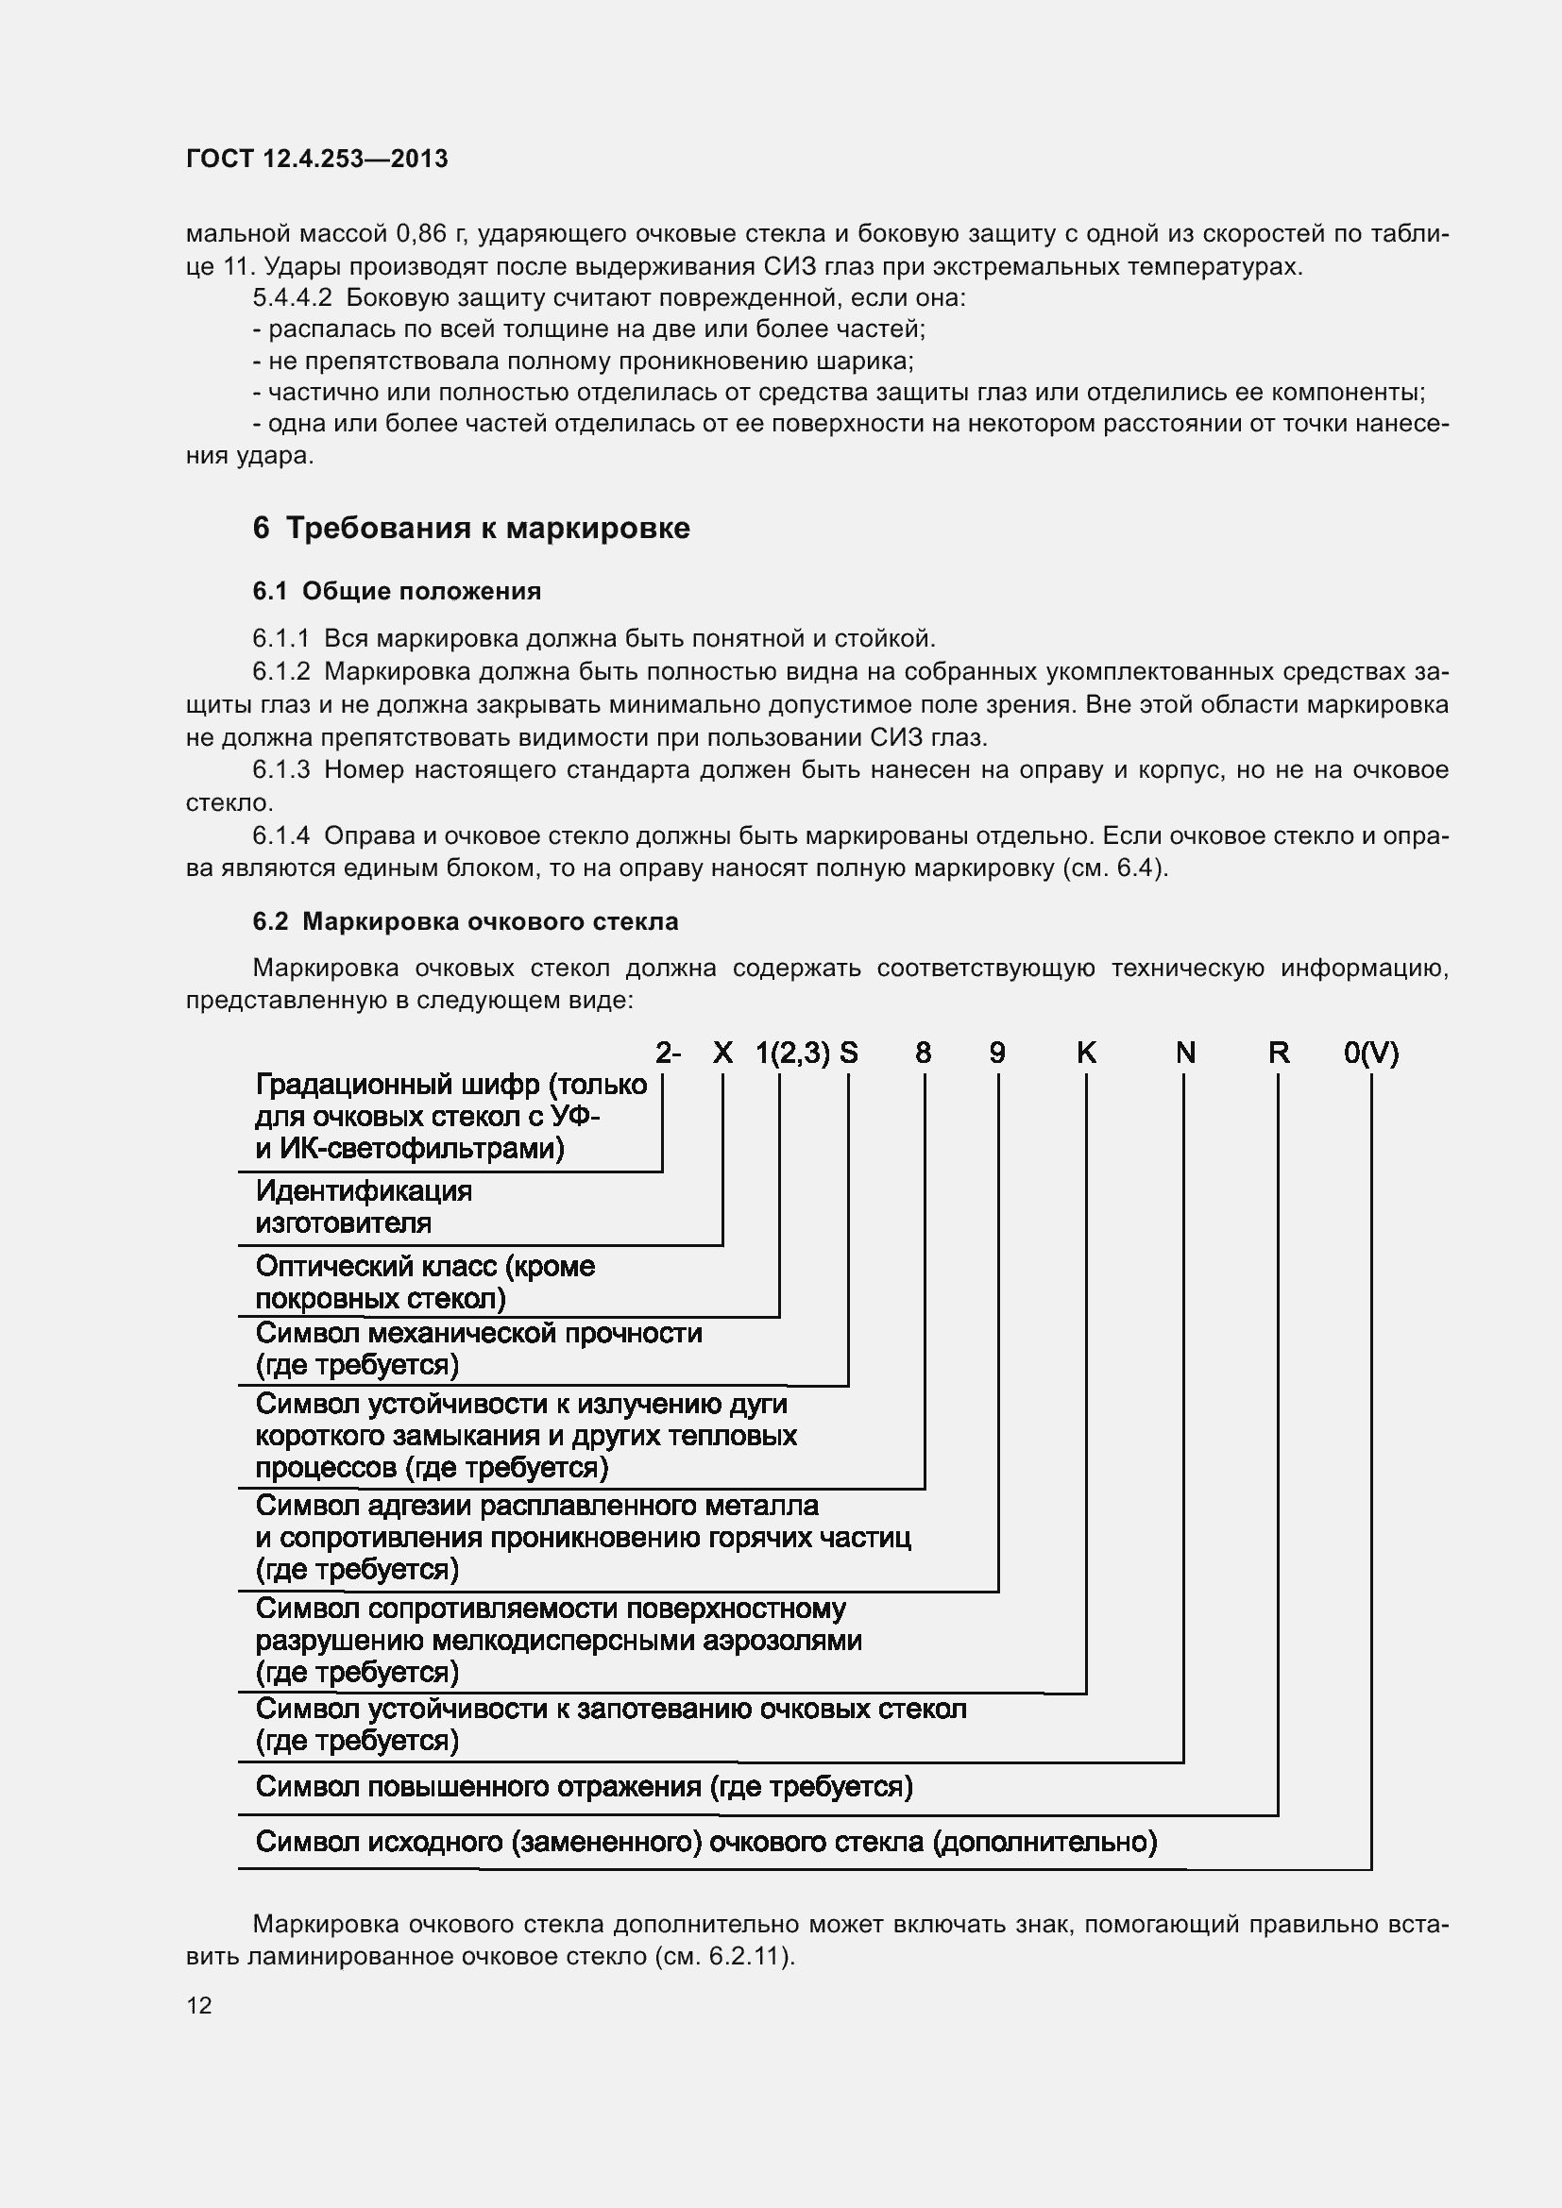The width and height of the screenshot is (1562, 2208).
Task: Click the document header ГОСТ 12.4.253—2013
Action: click(x=316, y=159)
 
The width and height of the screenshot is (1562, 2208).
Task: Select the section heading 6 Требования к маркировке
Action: click(x=470, y=528)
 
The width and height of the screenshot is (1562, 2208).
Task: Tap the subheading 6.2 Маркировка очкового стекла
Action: click(x=465, y=921)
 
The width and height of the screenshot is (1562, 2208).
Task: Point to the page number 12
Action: click(x=199, y=2005)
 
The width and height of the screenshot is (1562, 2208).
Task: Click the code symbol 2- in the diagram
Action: click(x=668, y=1053)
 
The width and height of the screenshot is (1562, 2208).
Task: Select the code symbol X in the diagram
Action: click(x=722, y=1053)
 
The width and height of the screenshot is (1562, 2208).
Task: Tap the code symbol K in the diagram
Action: click(x=1086, y=1053)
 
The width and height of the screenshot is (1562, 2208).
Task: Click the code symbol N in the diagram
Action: click(x=1185, y=1053)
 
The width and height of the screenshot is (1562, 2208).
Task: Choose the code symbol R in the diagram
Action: click(x=1279, y=1053)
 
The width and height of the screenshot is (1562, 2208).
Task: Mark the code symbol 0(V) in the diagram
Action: click(x=1370, y=1053)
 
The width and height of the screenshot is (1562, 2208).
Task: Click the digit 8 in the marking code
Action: click(x=923, y=1053)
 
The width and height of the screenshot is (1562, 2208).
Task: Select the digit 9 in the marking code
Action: click(x=997, y=1053)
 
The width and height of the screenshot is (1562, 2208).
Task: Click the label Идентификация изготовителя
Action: click(x=364, y=1207)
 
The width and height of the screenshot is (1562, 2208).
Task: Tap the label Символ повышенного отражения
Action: click(x=584, y=1787)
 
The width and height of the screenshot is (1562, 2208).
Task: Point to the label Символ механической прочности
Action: click(x=478, y=1333)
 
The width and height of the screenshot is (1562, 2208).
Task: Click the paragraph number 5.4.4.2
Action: click(x=292, y=298)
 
